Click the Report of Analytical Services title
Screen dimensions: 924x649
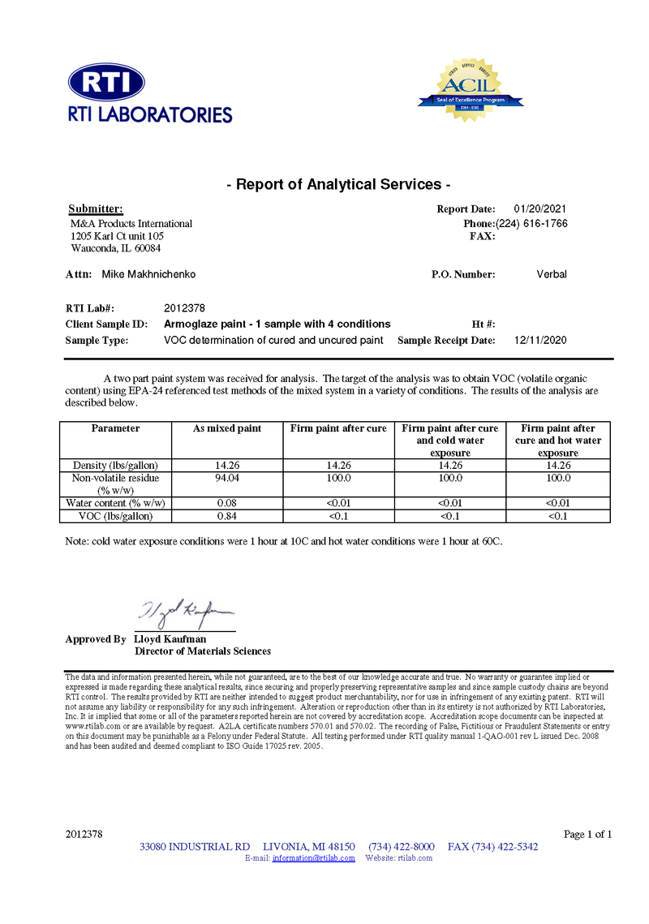[x=337, y=184]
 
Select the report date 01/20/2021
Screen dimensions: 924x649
[x=540, y=209]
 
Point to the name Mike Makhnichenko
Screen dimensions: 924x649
[x=148, y=274]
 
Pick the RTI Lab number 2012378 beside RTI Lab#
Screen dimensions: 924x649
[x=184, y=308]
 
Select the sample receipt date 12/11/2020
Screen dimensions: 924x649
[x=540, y=340]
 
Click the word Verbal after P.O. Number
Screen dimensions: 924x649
[x=552, y=274]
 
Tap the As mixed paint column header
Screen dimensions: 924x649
[x=227, y=428]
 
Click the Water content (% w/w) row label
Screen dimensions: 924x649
[x=115, y=503]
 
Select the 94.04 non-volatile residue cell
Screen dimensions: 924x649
[x=227, y=479]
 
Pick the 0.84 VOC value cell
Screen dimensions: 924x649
[x=227, y=516]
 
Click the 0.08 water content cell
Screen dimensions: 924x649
[x=227, y=503]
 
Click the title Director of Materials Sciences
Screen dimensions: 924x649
[x=202, y=651]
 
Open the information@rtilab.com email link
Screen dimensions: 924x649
[x=313, y=857]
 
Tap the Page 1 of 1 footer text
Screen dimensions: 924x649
[x=587, y=834]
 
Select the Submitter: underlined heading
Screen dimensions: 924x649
[x=96, y=209]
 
